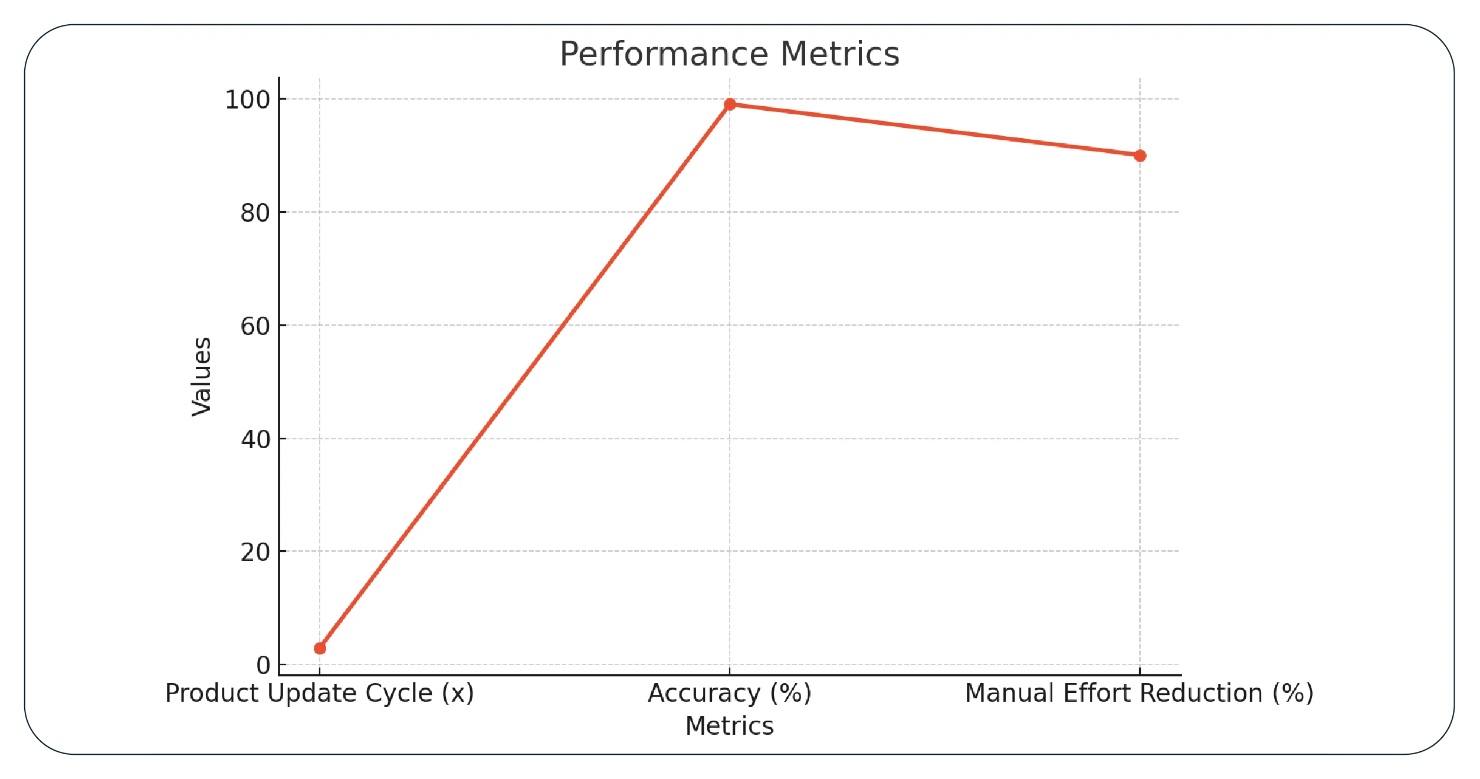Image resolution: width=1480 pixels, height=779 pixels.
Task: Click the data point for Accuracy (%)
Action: click(x=730, y=104)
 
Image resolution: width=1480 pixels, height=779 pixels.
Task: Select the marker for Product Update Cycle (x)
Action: click(x=320, y=648)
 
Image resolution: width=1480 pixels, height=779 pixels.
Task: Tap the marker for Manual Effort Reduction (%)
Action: click(x=1140, y=156)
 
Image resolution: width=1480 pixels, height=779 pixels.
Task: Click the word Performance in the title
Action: click(x=664, y=54)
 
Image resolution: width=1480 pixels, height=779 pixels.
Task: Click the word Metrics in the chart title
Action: click(x=840, y=54)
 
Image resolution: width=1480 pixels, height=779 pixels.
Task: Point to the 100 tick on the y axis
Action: click(x=248, y=100)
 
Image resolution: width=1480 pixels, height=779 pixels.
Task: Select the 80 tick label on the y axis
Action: click(x=255, y=213)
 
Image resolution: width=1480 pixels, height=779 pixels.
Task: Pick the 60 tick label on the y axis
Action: click(x=255, y=326)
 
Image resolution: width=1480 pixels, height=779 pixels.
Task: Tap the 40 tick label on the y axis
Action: click(x=255, y=439)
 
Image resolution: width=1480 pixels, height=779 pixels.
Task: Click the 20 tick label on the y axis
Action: click(x=255, y=553)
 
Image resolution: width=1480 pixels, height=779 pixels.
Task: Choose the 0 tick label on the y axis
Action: click(x=263, y=665)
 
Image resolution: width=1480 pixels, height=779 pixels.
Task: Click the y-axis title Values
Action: click(x=202, y=377)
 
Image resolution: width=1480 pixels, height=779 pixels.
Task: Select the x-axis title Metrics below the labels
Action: click(x=729, y=726)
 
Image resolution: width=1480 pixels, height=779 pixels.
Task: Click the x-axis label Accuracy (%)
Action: click(x=730, y=693)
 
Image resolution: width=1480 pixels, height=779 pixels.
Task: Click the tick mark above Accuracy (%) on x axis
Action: click(x=730, y=671)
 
